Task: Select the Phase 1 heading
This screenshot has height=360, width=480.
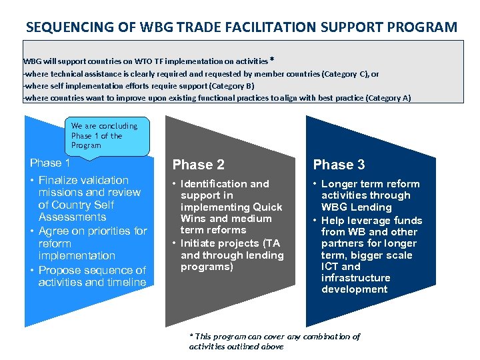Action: tap(50, 163)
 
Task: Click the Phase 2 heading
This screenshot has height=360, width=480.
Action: tap(199, 165)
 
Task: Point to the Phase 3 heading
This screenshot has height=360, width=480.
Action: tap(339, 165)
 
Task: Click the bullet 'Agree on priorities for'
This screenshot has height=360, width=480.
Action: tap(93, 231)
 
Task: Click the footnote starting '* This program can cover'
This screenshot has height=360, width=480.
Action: tap(275, 341)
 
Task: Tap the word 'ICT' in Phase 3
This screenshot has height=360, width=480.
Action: tap(331, 266)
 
